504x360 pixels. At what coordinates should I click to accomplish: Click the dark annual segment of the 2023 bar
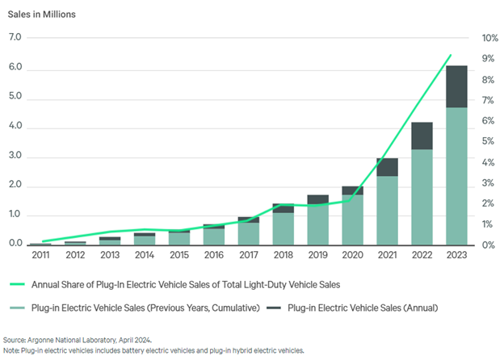click(x=456, y=86)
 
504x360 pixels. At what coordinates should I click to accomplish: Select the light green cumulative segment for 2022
click(x=422, y=197)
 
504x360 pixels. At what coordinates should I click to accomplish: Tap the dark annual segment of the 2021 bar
click(x=387, y=167)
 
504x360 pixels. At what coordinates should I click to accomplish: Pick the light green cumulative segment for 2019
click(x=318, y=224)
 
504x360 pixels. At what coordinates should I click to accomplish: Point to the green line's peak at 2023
click(x=451, y=55)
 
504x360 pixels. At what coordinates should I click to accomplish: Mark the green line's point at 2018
click(x=281, y=204)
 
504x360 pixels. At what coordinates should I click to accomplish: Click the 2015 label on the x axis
click(x=179, y=255)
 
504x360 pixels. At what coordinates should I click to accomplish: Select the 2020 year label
click(x=352, y=255)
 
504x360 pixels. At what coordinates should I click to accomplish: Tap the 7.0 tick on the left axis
click(x=15, y=37)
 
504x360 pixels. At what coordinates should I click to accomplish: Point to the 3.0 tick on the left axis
click(x=15, y=155)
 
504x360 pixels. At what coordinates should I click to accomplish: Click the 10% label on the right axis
click(x=489, y=38)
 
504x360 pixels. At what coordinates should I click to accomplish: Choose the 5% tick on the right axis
click(x=488, y=141)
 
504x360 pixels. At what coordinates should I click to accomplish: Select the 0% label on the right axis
click(x=488, y=245)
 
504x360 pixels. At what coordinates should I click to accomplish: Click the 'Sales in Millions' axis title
click(x=41, y=15)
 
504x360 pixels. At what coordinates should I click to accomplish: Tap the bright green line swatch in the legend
click(x=17, y=284)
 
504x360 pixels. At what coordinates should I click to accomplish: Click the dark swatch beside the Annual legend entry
click(x=274, y=308)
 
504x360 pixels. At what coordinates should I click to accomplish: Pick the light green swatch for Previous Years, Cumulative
click(x=17, y=308)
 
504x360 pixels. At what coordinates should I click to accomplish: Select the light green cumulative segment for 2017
click(x=249, y=234)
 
